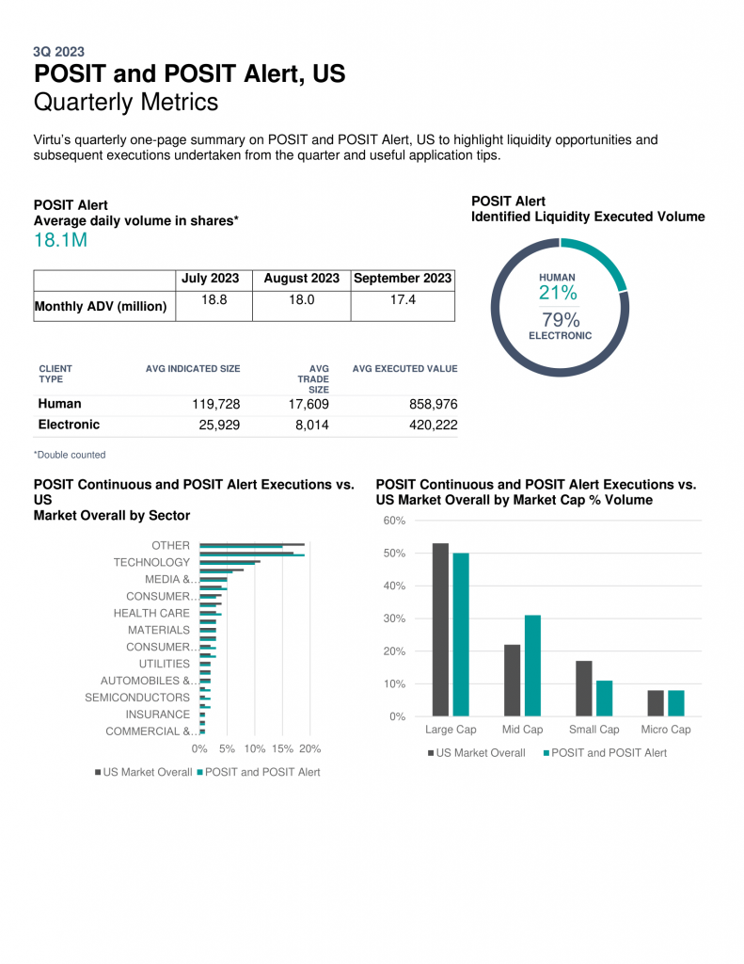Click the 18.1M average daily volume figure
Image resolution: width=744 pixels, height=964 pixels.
60,240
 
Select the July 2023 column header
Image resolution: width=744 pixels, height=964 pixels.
210,278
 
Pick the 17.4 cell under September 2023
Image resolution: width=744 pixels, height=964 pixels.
403,299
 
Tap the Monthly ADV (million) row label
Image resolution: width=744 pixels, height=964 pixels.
101,306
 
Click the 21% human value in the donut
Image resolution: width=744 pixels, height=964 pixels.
558,293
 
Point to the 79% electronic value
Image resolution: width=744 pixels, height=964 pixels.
561,320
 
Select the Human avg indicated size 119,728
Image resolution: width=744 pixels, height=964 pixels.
215,404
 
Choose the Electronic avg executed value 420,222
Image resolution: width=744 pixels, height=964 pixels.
433,425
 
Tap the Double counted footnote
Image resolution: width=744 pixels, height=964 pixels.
70,455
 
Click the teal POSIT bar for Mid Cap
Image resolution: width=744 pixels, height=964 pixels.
532,666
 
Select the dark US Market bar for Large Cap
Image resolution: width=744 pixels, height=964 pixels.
440,630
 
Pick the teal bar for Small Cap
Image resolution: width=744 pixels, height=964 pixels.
605,699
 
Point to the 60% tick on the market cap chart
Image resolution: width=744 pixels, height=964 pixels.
394,521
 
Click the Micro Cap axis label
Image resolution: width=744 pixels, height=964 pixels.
666,730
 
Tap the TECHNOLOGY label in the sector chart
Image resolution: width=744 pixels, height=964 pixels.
151,562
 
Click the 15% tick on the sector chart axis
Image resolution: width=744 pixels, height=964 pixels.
282,748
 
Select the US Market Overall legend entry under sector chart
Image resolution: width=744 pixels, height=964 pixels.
143,772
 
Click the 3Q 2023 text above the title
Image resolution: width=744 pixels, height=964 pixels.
59,52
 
